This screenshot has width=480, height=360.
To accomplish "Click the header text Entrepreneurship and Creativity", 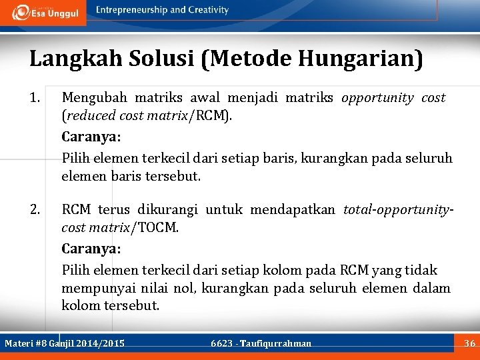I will pos(162,10).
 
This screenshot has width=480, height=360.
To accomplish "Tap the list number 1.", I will pos(35,98).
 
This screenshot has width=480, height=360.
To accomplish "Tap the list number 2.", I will pos(35,210).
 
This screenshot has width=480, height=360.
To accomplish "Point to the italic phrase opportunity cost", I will pos(393,98).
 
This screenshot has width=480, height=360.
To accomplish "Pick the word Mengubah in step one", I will pos(91,98).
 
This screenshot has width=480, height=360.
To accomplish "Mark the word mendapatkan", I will pos(294,210).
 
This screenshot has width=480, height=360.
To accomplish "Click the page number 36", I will pos(469,343).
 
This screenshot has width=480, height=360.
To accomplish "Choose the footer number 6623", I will pos(221,344).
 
